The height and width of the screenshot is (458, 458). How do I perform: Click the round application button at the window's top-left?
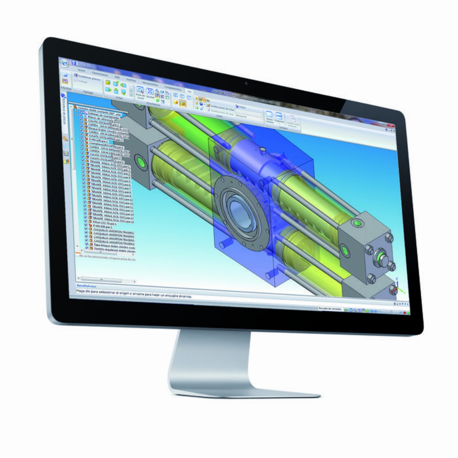coord(65,62)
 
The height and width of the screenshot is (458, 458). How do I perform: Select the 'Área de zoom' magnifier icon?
coord(139,90)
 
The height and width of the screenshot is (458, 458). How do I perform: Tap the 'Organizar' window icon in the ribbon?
coord(279,116)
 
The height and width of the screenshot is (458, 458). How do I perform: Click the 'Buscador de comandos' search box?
coord(331,309)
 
